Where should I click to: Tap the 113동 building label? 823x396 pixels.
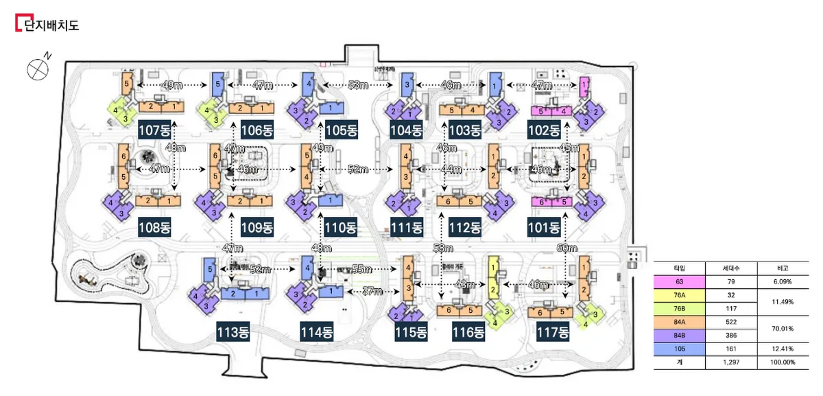coord(233,333)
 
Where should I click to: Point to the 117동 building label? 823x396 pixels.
coord(553,333)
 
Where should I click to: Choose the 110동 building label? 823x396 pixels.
coord(341,227)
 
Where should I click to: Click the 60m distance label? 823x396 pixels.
coord(567,247)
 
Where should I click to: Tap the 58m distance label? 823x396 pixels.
coord(443,247)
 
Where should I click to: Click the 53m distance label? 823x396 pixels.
coord(357,84)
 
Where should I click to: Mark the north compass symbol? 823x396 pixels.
coord(38,68)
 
